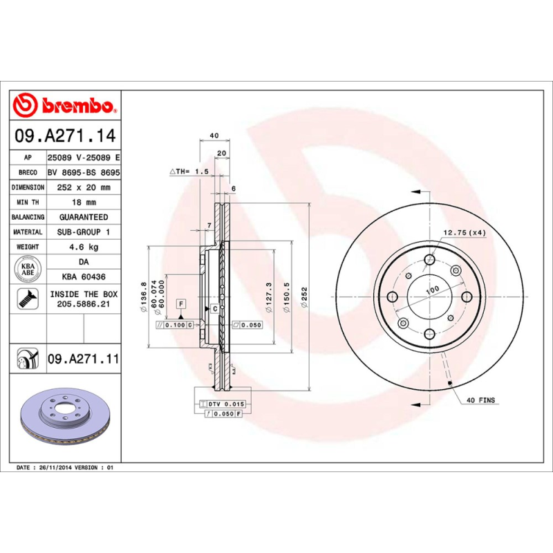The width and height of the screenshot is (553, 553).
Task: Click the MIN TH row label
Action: pos(28,203)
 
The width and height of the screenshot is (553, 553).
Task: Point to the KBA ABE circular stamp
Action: pos(28,267)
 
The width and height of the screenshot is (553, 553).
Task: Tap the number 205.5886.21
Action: pos(82,303)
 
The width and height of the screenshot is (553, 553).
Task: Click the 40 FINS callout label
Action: pos(481,400)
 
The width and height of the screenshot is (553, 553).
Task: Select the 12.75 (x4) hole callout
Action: pos(465,233)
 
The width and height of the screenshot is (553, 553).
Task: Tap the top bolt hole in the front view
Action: pos(429,260)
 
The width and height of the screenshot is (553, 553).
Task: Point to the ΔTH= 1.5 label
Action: pos(189,171)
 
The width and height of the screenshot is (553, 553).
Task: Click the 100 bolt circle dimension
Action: pos(432,290)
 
